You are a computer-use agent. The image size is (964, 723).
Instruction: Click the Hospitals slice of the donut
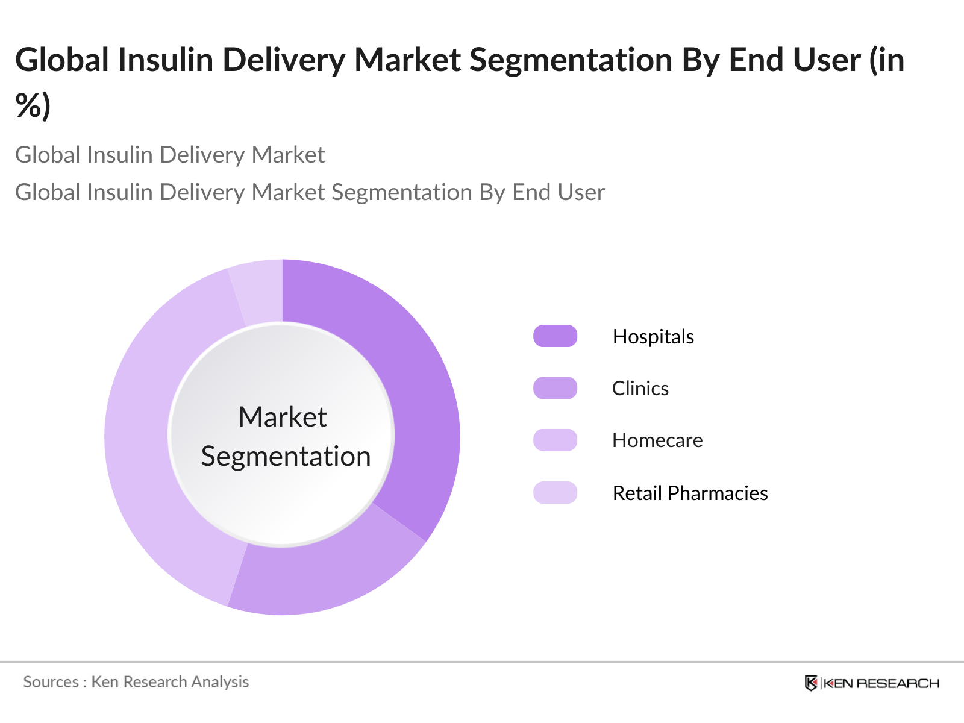tap(416, 386)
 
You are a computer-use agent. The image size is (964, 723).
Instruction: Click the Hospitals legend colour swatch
tap(555, 336)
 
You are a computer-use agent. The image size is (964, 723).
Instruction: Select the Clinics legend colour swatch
tap(555, 388)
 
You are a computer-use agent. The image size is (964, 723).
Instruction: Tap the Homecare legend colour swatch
tap(555, 440)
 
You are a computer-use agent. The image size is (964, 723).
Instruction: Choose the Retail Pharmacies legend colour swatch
tap(555, 493)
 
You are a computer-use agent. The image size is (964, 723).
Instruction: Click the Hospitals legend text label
tap(653, 336)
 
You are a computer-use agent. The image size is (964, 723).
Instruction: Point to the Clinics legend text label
tap(640, 388)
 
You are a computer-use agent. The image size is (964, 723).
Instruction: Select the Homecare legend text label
tap(657, 440)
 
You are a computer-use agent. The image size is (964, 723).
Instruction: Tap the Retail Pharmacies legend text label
tap(690, 493)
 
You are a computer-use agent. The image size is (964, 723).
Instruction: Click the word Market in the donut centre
tap(282, 417)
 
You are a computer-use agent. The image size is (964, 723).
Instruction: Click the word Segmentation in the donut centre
tap(286, 456)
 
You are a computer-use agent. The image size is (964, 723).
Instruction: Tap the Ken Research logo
tap(871, 683)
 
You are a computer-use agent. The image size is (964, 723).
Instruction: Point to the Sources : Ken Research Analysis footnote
tap(136, 681)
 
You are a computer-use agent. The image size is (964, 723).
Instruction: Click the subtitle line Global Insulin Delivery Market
tap(170, 155)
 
